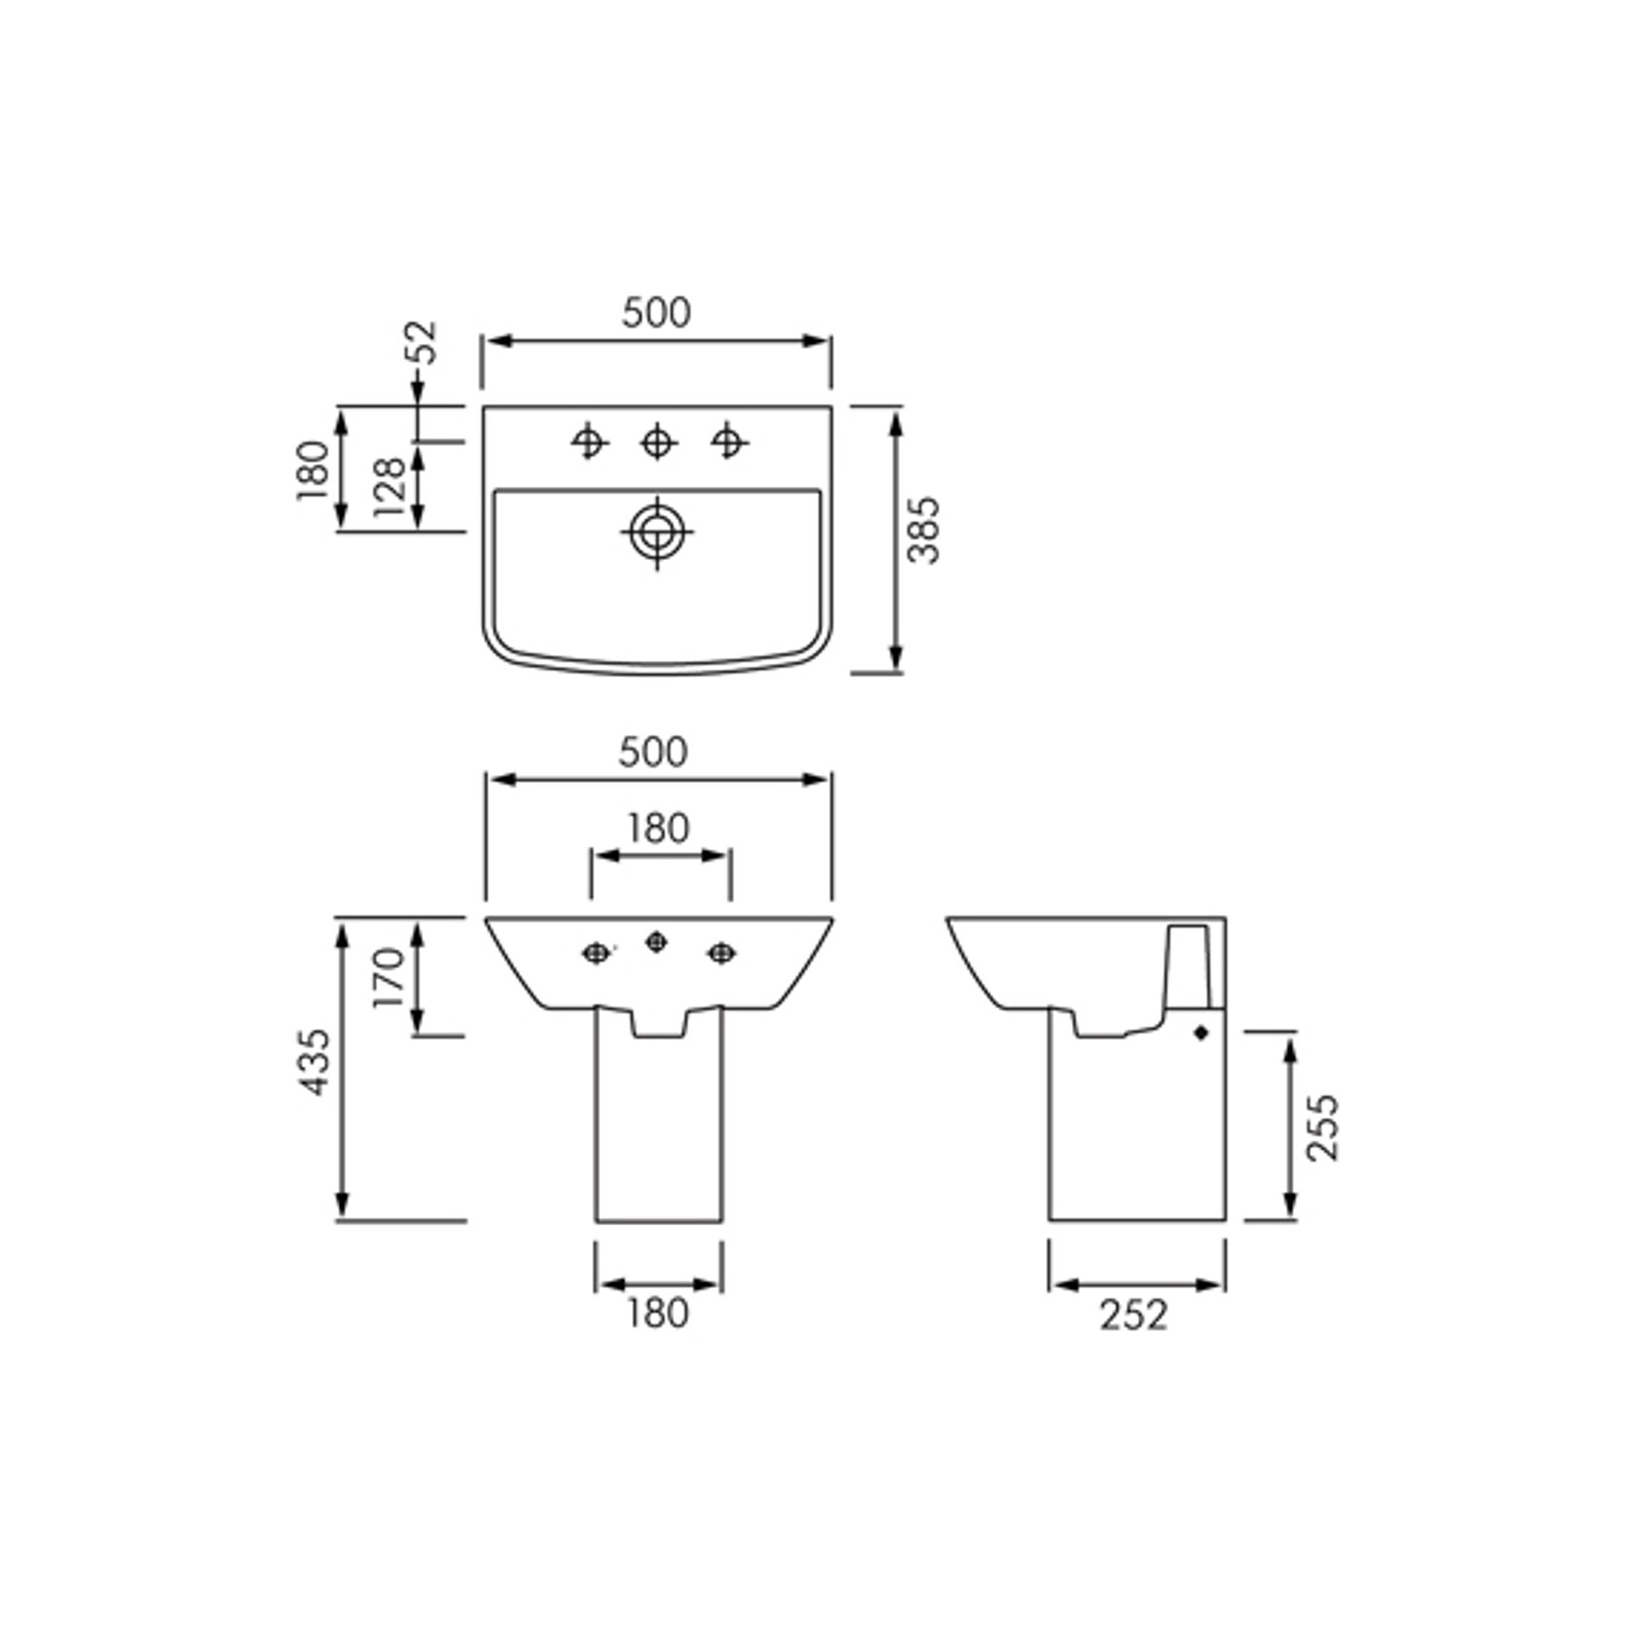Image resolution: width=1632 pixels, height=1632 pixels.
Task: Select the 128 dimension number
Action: click(389, 487)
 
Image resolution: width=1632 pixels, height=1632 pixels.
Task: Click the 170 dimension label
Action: click(389, 978)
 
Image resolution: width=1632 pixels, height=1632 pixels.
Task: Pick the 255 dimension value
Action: click(1323, 1128)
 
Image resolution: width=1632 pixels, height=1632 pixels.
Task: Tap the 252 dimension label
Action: click(1133, 1315)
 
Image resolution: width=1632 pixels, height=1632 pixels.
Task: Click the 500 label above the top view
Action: click(656, 313)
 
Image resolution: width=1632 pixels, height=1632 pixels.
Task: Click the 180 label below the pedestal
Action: click(658, 1314)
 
